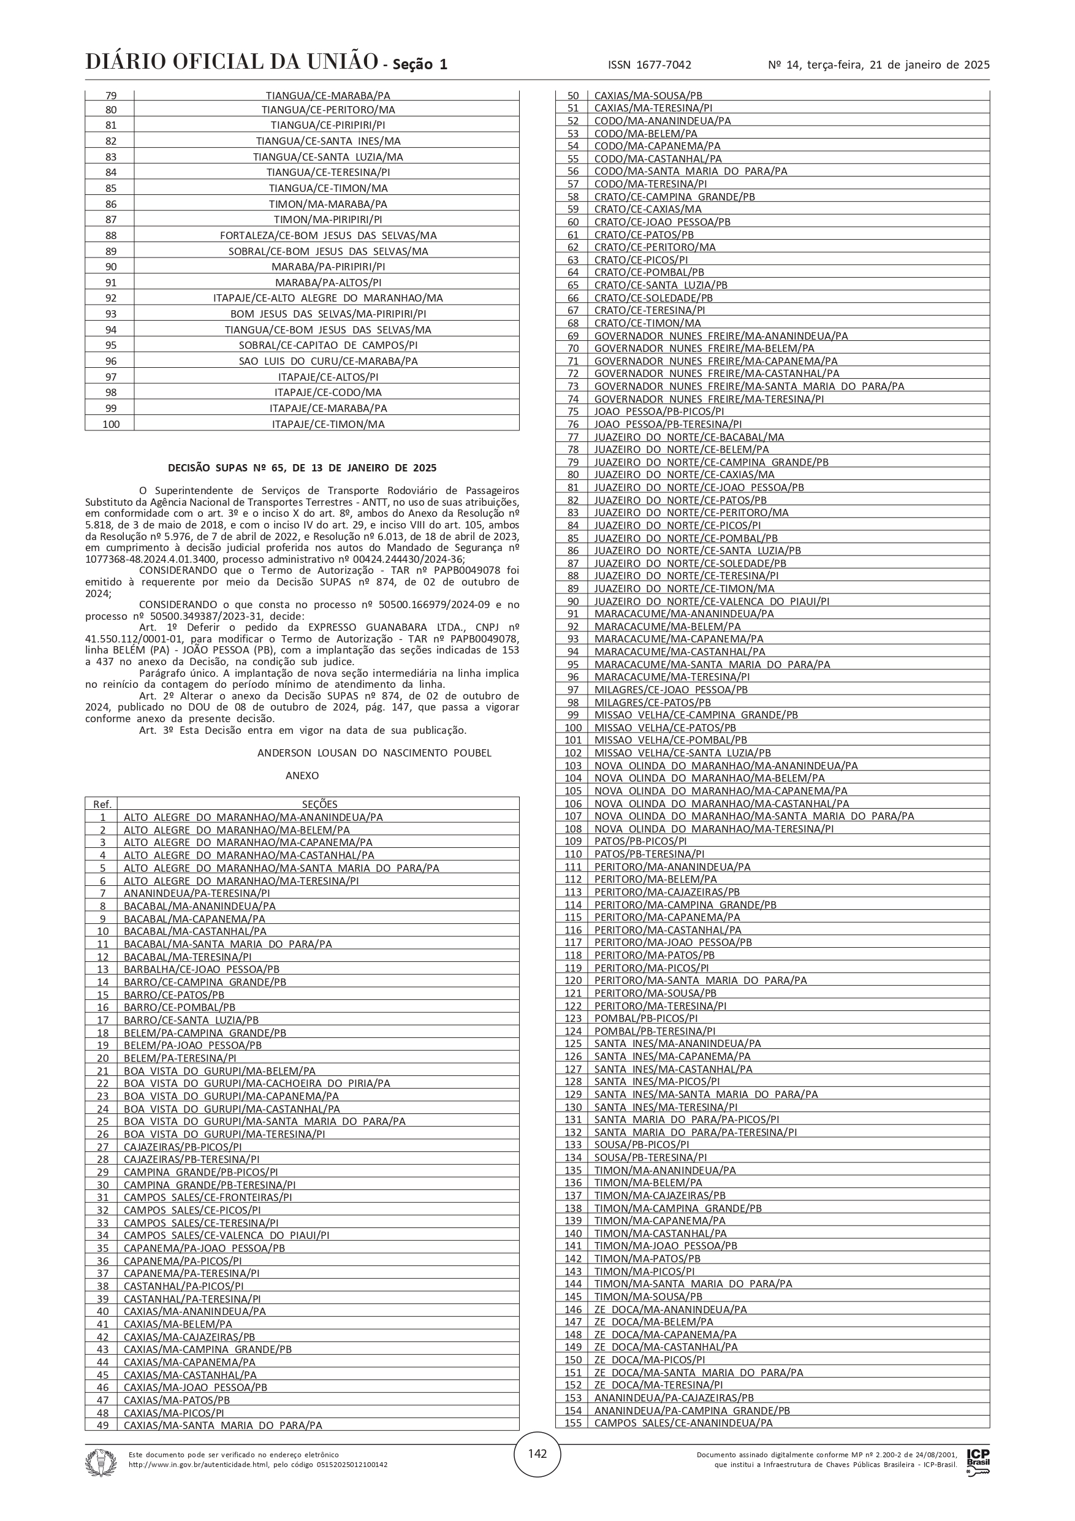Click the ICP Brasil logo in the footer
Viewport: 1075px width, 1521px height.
[978, 1462]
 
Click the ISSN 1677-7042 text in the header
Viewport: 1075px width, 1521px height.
[649, 65]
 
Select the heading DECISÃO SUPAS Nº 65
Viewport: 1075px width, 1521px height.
[302, 468]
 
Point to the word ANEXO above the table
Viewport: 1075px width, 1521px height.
[302, 775]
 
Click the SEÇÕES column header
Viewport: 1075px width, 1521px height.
[319, 804]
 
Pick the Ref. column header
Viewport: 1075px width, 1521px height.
[102, 804]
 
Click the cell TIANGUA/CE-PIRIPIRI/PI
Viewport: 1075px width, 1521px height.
[327, 125]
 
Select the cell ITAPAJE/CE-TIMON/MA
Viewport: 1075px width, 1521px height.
[327, 424]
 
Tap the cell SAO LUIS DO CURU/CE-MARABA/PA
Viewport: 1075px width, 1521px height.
[327, 361]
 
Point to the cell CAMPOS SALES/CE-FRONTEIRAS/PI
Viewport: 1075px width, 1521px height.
[207, 1197]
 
